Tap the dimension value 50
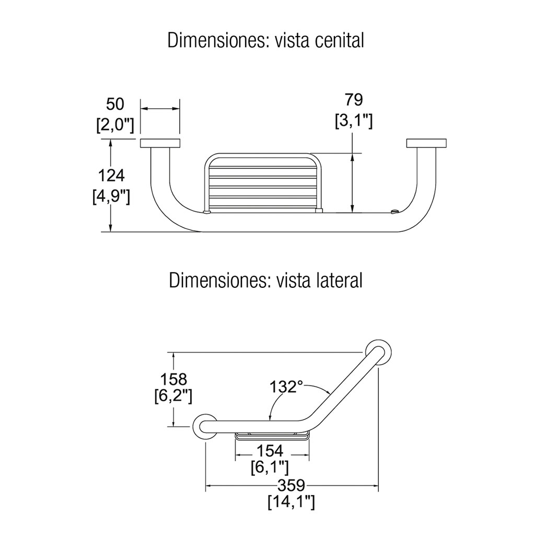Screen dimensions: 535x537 click(x=115, y=104)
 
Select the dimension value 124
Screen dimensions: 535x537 click(x=111, y=176)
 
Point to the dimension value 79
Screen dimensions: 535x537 click(x=354, y=100)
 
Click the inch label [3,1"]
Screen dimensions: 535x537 click(x=354, y=121)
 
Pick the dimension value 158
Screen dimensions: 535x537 click(x=173, y=379)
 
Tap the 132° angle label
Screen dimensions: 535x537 click(x=287, y=387)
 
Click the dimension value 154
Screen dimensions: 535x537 click(x=270, y=451)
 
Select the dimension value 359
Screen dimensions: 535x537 click(x=292, y=485)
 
